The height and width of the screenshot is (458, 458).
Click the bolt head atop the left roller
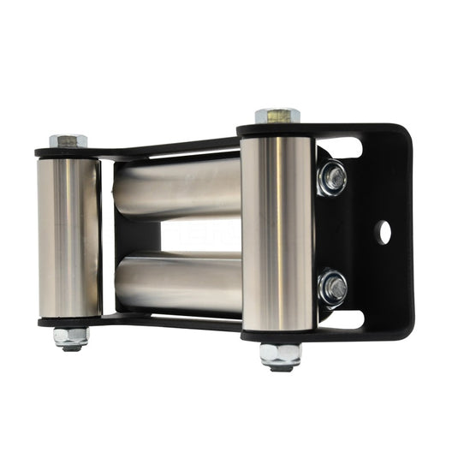68,139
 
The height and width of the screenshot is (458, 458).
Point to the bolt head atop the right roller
277,115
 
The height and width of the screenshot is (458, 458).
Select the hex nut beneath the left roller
71,337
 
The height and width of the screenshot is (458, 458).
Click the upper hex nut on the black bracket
333,178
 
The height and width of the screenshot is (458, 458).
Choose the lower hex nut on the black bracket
333,287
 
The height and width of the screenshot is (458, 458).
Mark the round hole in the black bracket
384,231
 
